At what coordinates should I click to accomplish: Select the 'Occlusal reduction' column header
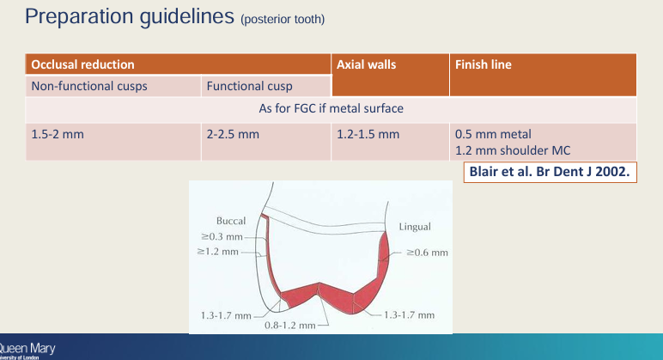82,64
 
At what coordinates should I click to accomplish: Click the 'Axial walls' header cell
365,64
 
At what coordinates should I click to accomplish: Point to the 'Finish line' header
483,64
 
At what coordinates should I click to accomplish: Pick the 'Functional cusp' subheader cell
250,87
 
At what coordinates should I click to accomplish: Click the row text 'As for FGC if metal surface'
331,109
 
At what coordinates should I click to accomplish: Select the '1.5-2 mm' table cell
55,135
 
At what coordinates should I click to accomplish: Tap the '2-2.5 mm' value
233,135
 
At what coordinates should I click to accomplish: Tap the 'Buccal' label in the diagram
232,221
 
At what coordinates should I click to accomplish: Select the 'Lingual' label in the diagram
415,227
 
